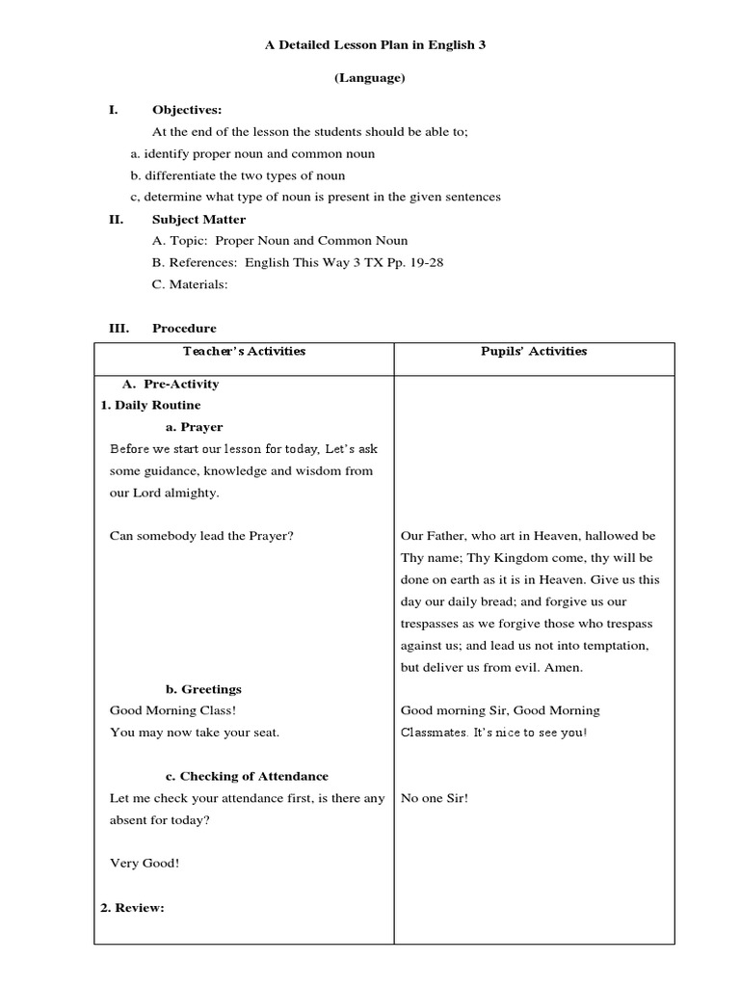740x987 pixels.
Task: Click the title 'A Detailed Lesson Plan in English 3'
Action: pyautogui.click(x=369, y=45)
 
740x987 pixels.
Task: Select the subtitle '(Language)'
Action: pyautogui.click(x=369, y=78)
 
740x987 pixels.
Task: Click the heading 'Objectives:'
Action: pyautogui.click(x=187, y=110)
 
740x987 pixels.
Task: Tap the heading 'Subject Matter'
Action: pyautogui.click(x=198, y=219)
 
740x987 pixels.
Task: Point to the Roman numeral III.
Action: pyautogui.click(x=118, y=328)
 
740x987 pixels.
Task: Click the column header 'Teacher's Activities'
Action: pyautogui.click(x=243, y=351)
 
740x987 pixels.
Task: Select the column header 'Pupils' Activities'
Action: pyautogui.click(x=534, y=351)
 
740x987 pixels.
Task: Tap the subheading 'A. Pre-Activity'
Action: pyautogui.click(x=171, y=384)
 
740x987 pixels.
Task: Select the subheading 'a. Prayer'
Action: pyautogui.click(x=195, y=427)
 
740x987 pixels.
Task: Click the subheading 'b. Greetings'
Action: pyautogui.click(x=203, y=689)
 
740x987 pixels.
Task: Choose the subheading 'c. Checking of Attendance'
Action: pyautogui.click(x=247, y=776)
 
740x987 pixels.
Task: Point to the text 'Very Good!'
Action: pyautogui.click(x=145, y=863)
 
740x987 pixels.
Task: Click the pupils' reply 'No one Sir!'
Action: pyautogui.click(x=434, y=798)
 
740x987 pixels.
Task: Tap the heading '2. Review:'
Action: pyautogui.click(x=133, y=907)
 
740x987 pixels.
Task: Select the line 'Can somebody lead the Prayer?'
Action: pyautogui.click(x=201, y=536)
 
